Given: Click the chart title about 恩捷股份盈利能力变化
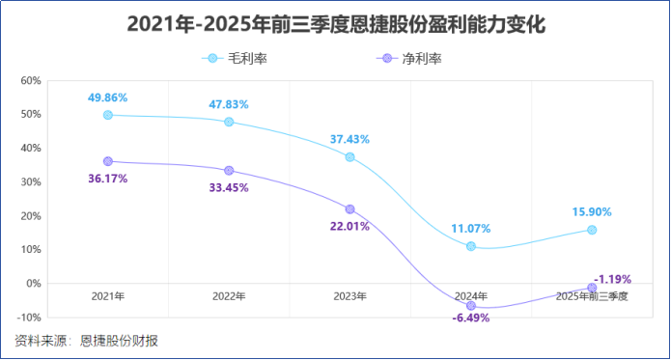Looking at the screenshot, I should point(336,24).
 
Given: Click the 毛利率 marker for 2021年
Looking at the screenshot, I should point(107,115).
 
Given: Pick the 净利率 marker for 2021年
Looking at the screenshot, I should point(107,161).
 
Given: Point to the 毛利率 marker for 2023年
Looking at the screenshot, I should point(349,156).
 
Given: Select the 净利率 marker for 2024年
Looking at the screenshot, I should point(471,305).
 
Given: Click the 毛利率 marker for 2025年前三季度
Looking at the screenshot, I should point(592,230).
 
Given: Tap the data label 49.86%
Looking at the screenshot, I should point(107,98).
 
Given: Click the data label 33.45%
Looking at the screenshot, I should point(229,187).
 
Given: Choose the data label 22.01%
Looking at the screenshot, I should point(349,226).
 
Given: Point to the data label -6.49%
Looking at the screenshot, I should point(471,318).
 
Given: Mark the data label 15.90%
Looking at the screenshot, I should point(592,212).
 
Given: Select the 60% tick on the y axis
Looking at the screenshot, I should point(29,80).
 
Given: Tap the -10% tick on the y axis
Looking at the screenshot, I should point(27,318).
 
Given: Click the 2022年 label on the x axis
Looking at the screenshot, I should point(229,295).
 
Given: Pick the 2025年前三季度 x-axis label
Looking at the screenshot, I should point(592,295).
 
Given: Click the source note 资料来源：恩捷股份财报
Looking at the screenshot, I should point(86,340).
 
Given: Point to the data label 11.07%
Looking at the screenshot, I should point(471,229).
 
